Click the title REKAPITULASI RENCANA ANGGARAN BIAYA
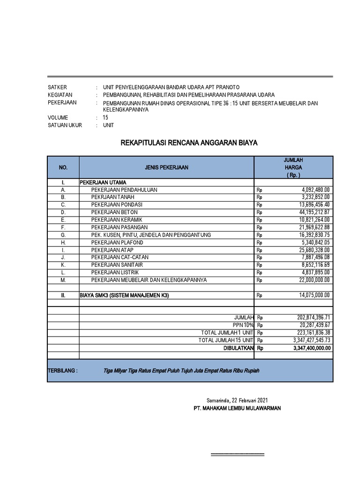click(x=189, y=142)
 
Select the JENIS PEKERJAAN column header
click(x=166, y=167)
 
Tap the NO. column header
click(x=63, y=167)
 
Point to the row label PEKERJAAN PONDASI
click(x=117, y=205)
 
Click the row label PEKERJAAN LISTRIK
click(x=115, y=272)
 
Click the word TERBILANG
click(x=63, y=370)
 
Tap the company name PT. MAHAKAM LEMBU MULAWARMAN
click(x=237, y=408)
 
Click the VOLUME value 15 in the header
click(x=105, y=118)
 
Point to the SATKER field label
click(x=58, y=88)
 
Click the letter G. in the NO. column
click(x=63, y=235)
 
